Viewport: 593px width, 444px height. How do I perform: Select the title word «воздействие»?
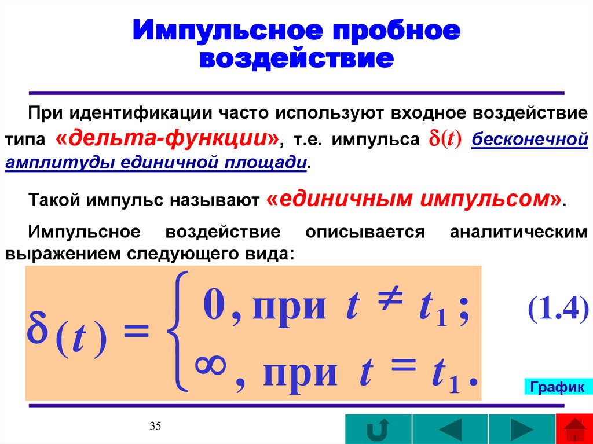tap(296, 60)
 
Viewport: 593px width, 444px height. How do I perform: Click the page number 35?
tap(155, 427)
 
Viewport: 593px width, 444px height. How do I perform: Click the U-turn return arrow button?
tap(378, 430)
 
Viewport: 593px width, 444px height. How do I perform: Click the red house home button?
tap(574, 430)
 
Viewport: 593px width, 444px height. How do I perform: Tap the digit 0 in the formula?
tap(213, 306)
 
